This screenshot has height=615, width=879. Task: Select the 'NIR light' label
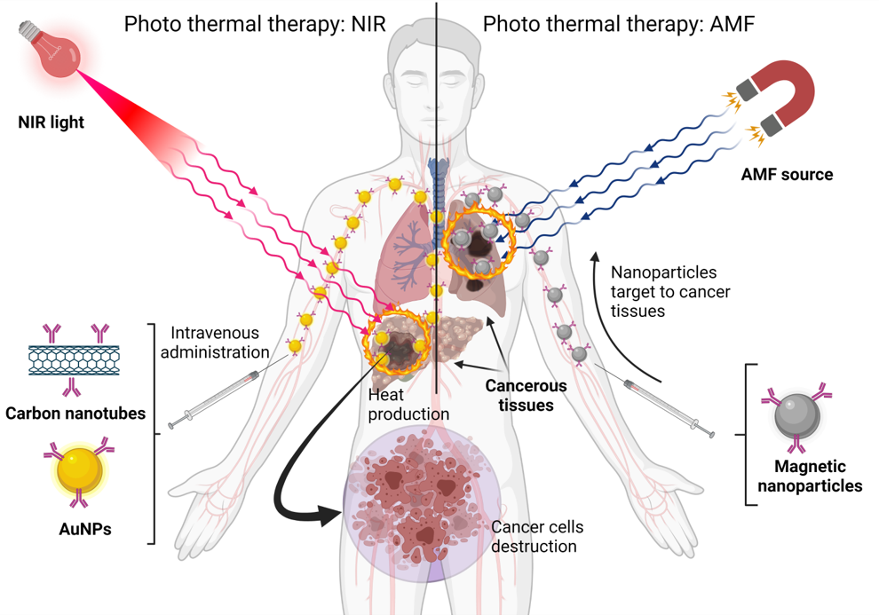(x=51, y=122)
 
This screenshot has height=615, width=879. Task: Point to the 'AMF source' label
(x=787, y=175)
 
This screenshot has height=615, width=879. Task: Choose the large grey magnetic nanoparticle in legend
(x=796, y=414)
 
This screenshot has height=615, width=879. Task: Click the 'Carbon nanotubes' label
(x=75, y=414)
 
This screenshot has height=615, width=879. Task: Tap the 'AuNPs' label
(x=81, y=530)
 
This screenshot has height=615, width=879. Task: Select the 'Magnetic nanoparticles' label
(x=805, y=476)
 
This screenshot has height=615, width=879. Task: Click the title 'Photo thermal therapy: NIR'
(x=255, y=24)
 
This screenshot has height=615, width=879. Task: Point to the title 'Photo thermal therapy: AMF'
(x=618, y=24)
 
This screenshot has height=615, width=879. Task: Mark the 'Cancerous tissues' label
(x=526, y=396)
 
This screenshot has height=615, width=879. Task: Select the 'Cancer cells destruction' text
(x=536, y=536)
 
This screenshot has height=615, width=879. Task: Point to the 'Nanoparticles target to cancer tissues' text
(x=664, y=292)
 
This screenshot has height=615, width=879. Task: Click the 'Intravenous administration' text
(x=219, y=343)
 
